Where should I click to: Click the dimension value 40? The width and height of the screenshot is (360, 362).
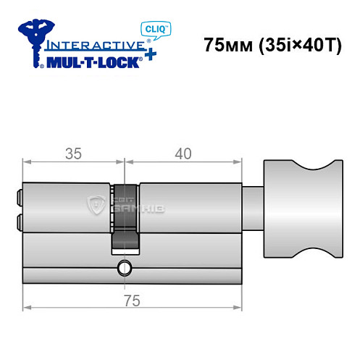coord(183,154)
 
